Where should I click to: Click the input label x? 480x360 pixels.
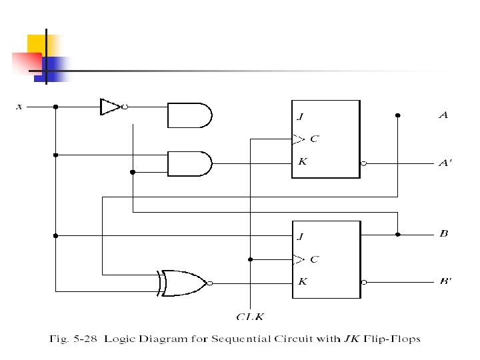pos(19,106)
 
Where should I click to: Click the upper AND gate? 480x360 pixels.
pos(189,115)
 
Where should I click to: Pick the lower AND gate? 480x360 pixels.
pos(189,163)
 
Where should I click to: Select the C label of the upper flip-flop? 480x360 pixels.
pos(315,139)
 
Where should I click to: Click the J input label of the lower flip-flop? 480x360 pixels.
pos(301,236)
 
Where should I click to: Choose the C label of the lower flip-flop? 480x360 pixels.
pos(315,259)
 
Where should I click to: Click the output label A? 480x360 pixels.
pos(443,115)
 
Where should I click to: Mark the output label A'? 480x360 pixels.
pos(445,163)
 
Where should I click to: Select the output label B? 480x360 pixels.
pos(443,234)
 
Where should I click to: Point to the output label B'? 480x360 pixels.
pos(445,281)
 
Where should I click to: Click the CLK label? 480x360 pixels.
pos(250,317)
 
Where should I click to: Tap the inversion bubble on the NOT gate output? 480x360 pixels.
pos(125,106)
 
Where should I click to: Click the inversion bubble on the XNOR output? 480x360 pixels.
pos(209,283)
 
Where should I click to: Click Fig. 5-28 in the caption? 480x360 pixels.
pos(75,339)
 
